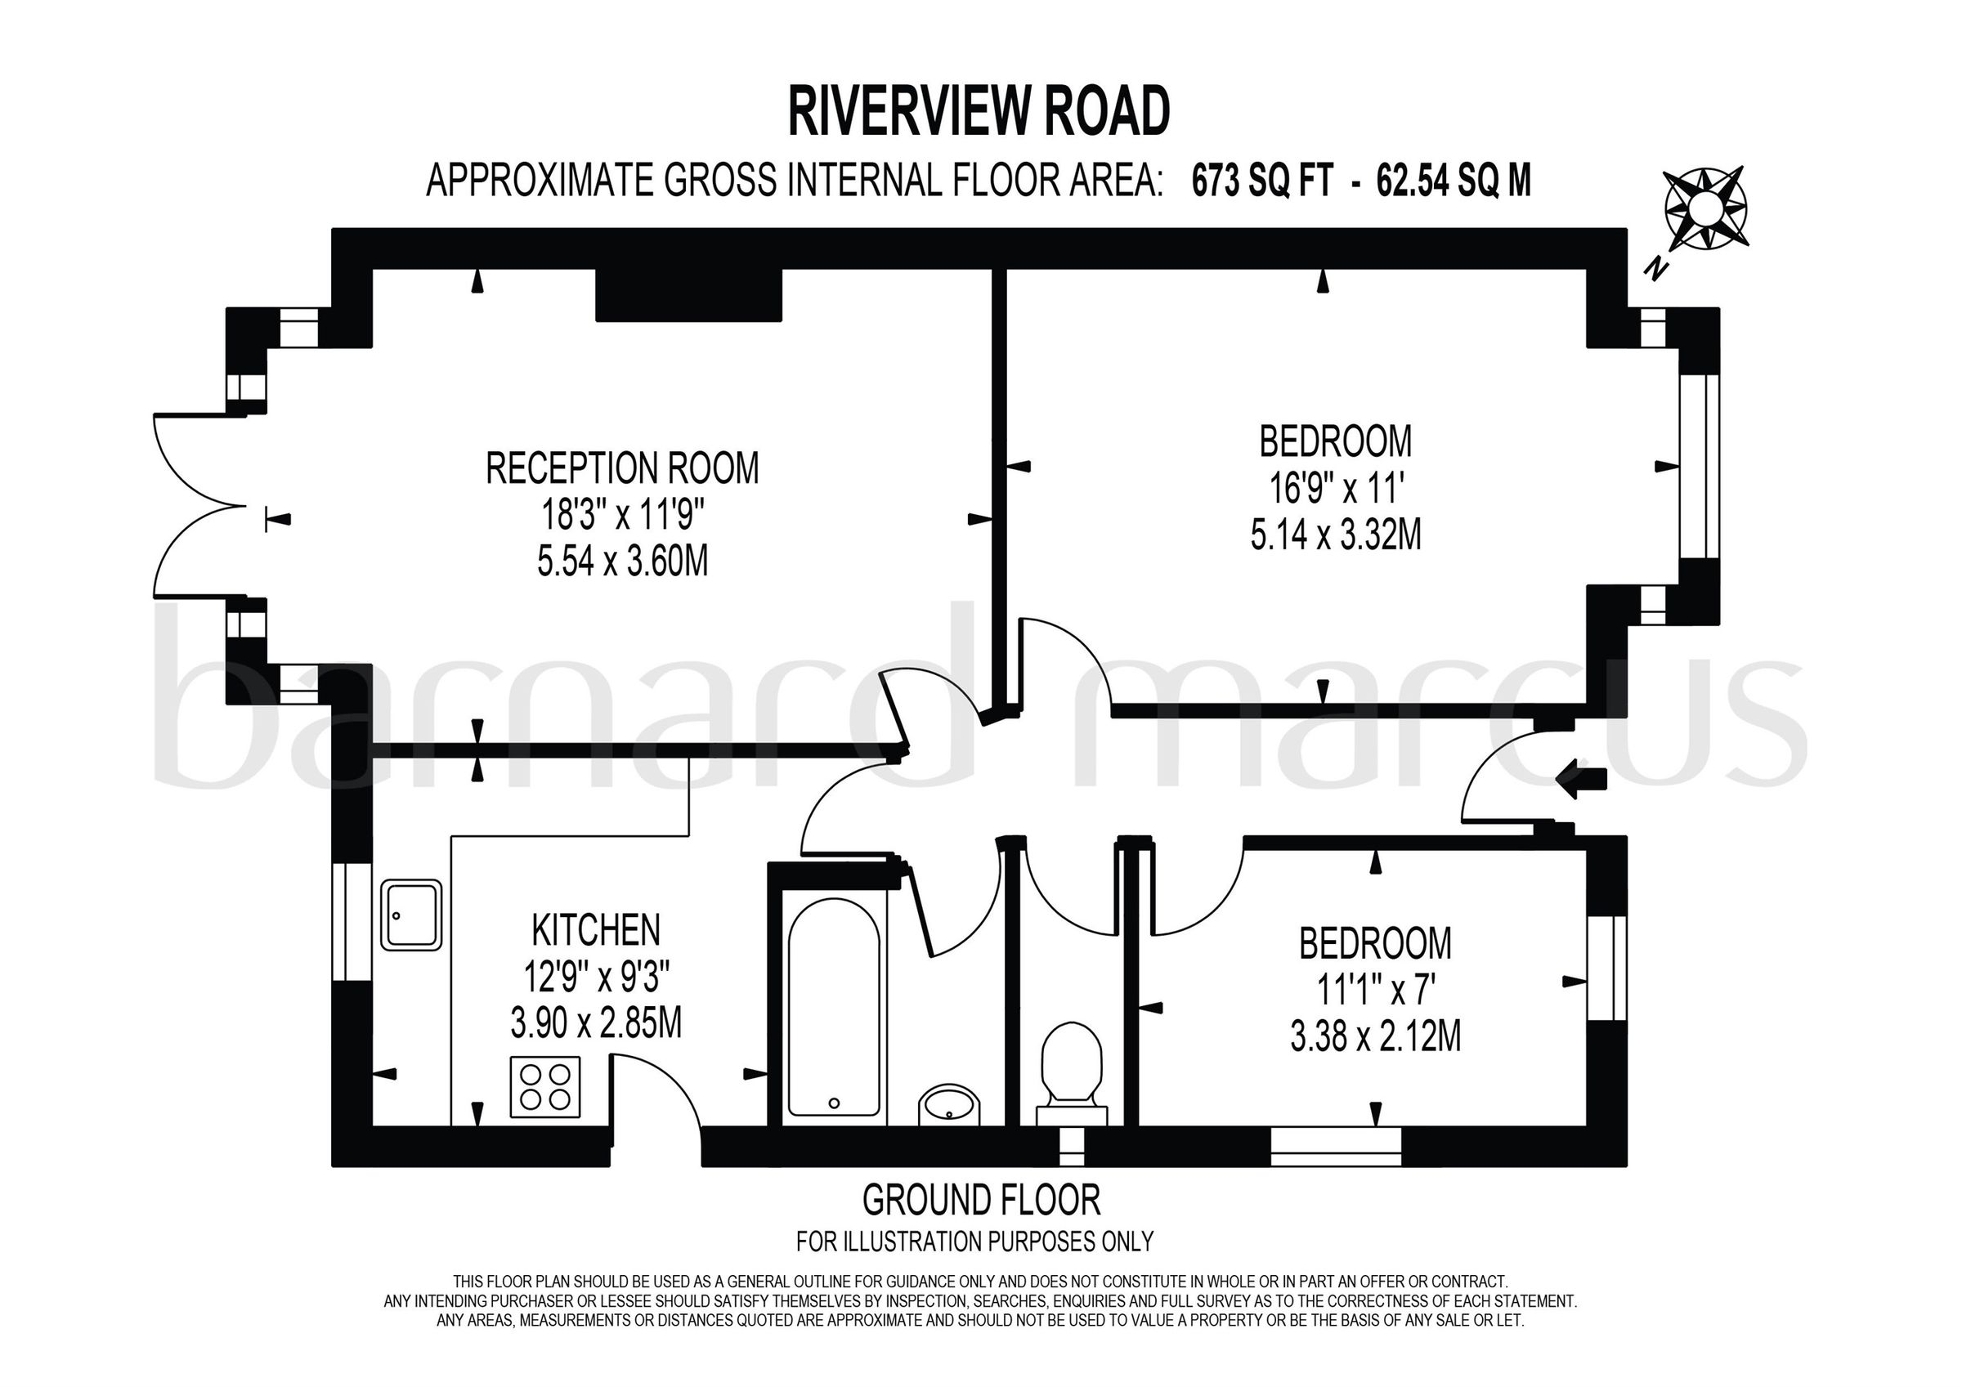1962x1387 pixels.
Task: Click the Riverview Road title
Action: point(979,112)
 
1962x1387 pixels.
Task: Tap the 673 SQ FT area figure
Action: point(1262,181)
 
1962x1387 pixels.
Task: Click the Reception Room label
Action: point(622,468)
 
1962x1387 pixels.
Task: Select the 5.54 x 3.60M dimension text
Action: point(622,562)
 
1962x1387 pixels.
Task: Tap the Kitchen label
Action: point(596,930)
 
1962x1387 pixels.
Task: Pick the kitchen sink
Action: point(411,915)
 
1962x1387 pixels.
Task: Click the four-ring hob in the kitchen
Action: point(545,1087)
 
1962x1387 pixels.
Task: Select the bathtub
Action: point(833,1008)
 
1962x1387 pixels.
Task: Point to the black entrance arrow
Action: point(1582,779)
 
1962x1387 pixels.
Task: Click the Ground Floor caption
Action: point(981,1201)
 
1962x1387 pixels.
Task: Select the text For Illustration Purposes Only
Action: point(974,1241)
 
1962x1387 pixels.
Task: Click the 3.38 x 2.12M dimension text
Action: point(1376,1037)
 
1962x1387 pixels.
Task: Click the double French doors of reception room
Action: point(201,504)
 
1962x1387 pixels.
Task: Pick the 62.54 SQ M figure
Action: point(1454,181)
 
